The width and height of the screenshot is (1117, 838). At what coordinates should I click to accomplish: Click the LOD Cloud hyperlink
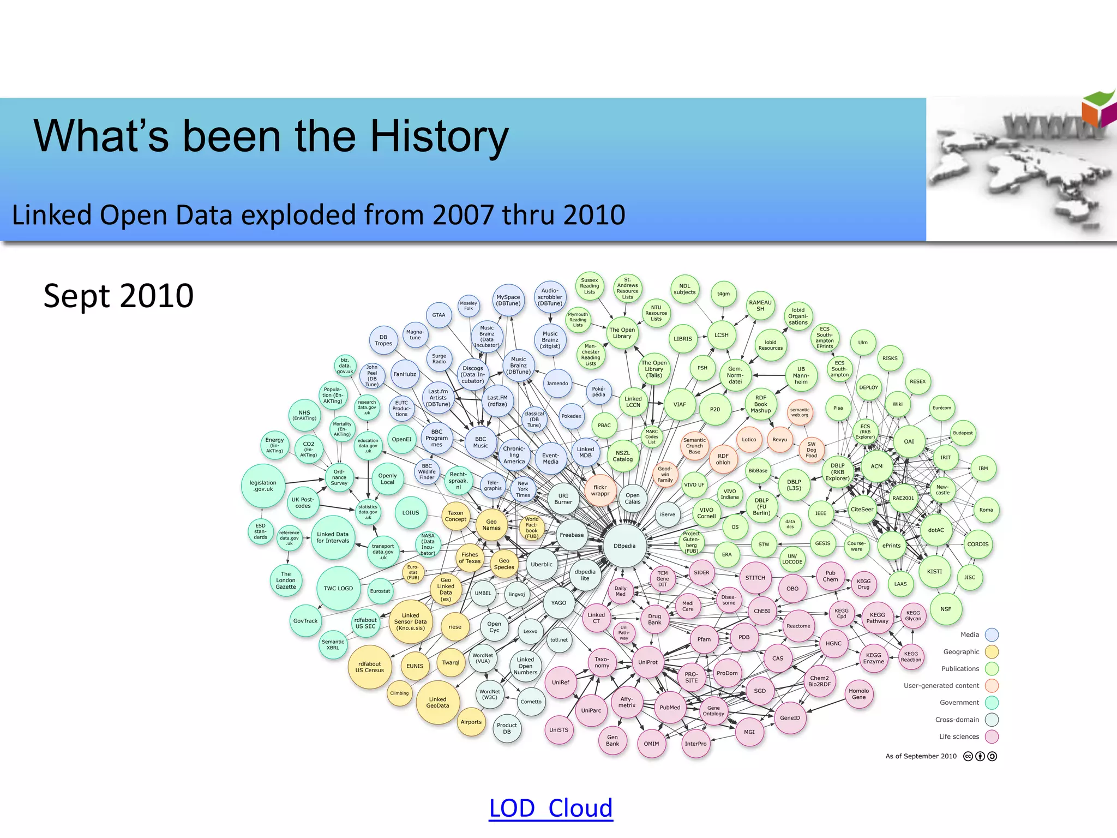point(551,808)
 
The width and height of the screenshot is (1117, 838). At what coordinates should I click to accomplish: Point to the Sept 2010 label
point(118,296)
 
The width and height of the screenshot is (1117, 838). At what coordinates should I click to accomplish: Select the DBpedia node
point(624,546)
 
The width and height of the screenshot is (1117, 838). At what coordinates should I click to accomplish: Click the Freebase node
point(572,535)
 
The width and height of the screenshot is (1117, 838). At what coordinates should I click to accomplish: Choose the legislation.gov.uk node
point(263,486)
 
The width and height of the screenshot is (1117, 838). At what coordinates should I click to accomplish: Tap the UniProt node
point(648,662)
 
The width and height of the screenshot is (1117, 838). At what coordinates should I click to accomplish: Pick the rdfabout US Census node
point(370,667)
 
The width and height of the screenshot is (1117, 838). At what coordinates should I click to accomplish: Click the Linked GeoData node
point(437,702)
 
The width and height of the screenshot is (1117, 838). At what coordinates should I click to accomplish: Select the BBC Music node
point(481,442)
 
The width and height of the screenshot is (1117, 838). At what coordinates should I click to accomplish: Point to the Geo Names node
point(491,525)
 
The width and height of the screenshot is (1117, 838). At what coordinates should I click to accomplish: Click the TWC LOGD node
point(338,588)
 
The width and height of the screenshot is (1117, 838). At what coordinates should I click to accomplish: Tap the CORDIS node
point(978,544)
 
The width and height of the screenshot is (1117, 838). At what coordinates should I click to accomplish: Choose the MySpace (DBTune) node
point(508,300)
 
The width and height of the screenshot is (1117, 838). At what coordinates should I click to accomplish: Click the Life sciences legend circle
point(992,737)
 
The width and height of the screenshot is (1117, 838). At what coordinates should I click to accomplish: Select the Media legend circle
point(992,635)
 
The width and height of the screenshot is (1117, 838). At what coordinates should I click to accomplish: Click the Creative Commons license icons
point(980,756)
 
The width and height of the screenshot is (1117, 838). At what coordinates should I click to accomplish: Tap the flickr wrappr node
point(600,490)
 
